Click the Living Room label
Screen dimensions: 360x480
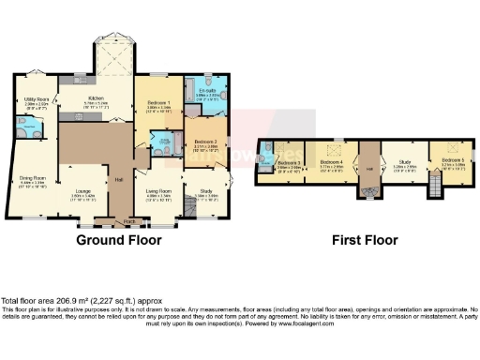coord(158,195)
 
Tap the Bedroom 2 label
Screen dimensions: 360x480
coord(205,142)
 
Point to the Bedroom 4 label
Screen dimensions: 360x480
coord(329,162)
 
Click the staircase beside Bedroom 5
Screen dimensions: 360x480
coord(434,190)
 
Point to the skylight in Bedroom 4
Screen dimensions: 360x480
coord(329,146)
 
